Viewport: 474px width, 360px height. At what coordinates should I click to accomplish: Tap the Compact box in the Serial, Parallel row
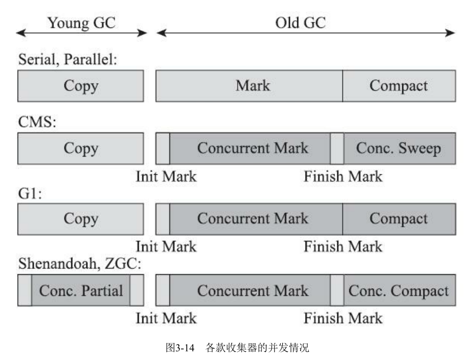399,86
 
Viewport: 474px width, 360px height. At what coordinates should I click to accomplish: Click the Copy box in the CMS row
81,148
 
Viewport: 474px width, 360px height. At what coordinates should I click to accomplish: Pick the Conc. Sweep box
399,148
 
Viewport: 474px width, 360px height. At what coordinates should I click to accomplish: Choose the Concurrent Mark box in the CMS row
253,148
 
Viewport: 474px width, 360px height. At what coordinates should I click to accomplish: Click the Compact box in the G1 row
399,219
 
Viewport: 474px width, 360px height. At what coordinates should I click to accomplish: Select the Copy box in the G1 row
81,219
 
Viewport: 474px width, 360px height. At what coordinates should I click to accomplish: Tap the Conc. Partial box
81,290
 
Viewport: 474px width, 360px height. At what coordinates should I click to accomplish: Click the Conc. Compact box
399,290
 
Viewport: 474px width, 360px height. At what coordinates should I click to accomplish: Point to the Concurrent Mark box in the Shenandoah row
253,290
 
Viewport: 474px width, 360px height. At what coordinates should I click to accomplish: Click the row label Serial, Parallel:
68,60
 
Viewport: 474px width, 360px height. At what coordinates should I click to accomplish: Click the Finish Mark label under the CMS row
343,176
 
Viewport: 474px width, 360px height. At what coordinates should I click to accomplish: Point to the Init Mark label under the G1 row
166,247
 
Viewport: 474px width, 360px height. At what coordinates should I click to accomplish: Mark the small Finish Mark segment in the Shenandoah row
337,290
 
